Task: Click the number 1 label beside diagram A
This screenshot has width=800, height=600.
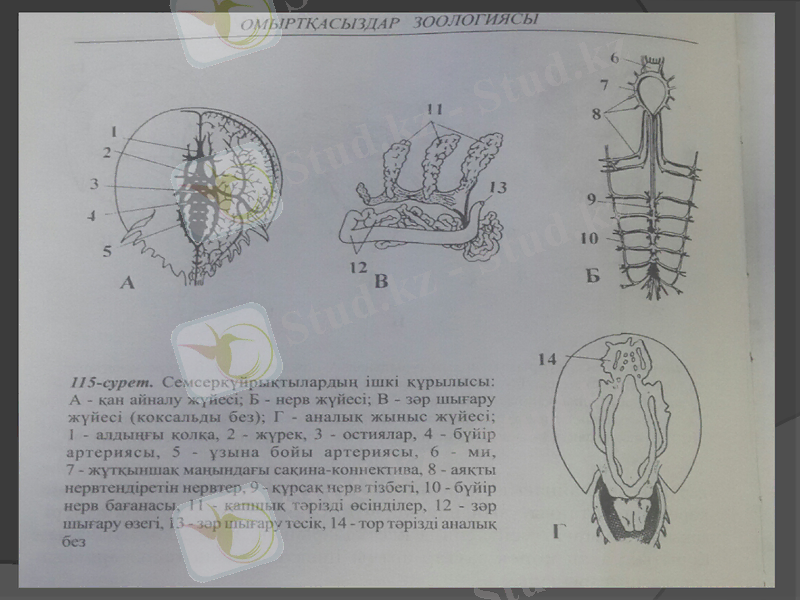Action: pyautogui.click(x=114, y=131)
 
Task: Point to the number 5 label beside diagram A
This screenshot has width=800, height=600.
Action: pyautogui.click(x=107, y=251)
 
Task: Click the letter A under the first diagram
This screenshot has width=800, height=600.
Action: pyautogui.click(x=127, y=283)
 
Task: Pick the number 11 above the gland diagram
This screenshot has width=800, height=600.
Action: pyautogui.click(x=432, y=108)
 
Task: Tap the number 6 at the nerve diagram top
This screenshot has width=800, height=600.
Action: pyautogui.click(x=616, y=58)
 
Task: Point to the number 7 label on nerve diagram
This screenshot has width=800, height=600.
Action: pyautogui.click(x=605, y=84)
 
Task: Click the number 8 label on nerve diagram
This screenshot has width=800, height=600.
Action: pyautogui.click(x=596, y=115)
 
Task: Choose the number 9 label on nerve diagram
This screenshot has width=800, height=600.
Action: pyautogui.click(x=592, y=198)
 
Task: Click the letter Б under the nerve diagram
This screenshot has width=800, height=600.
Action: pyautogui.click(x=592, y=275)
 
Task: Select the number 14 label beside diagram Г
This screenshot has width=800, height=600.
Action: pyautogui.click(x=545, y=357)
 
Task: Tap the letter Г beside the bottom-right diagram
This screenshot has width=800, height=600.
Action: pyautogui.click(x=560, y=529)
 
